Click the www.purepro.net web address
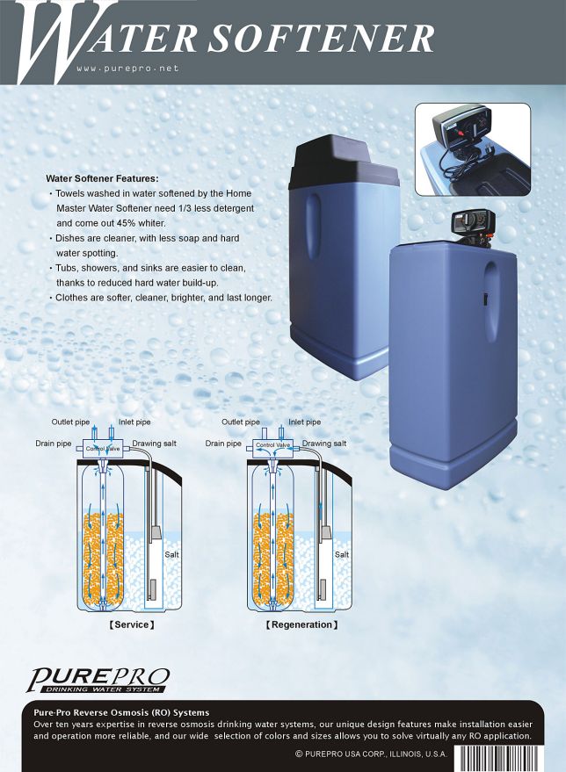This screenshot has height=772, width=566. pos(127,69)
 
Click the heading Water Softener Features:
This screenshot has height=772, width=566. pos(102,178)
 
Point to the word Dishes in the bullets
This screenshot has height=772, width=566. pos(69,238)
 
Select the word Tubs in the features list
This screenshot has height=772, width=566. pos(66,268)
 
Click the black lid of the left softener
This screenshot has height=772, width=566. pos(344,162)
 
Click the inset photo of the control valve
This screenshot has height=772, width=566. pos(473,149)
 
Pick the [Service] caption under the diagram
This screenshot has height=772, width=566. pos(132,624)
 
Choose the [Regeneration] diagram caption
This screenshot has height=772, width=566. pos(301,624)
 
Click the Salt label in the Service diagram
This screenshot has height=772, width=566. pos(171,554)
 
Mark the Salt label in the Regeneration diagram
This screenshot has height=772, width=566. pos(342,554)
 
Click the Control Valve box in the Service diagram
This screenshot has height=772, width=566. pos(103,449)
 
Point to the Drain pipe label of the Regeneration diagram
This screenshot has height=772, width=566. pos(223,444)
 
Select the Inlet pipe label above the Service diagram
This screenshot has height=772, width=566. pos(134,422)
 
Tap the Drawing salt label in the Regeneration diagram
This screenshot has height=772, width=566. pos(324,444)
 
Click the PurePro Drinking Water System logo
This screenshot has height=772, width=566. pos(98,680)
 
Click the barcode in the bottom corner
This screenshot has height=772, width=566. pos(504,758)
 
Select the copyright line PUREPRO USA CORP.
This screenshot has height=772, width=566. pos(371,754)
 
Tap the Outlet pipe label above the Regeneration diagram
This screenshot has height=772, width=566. pos(241,422)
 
